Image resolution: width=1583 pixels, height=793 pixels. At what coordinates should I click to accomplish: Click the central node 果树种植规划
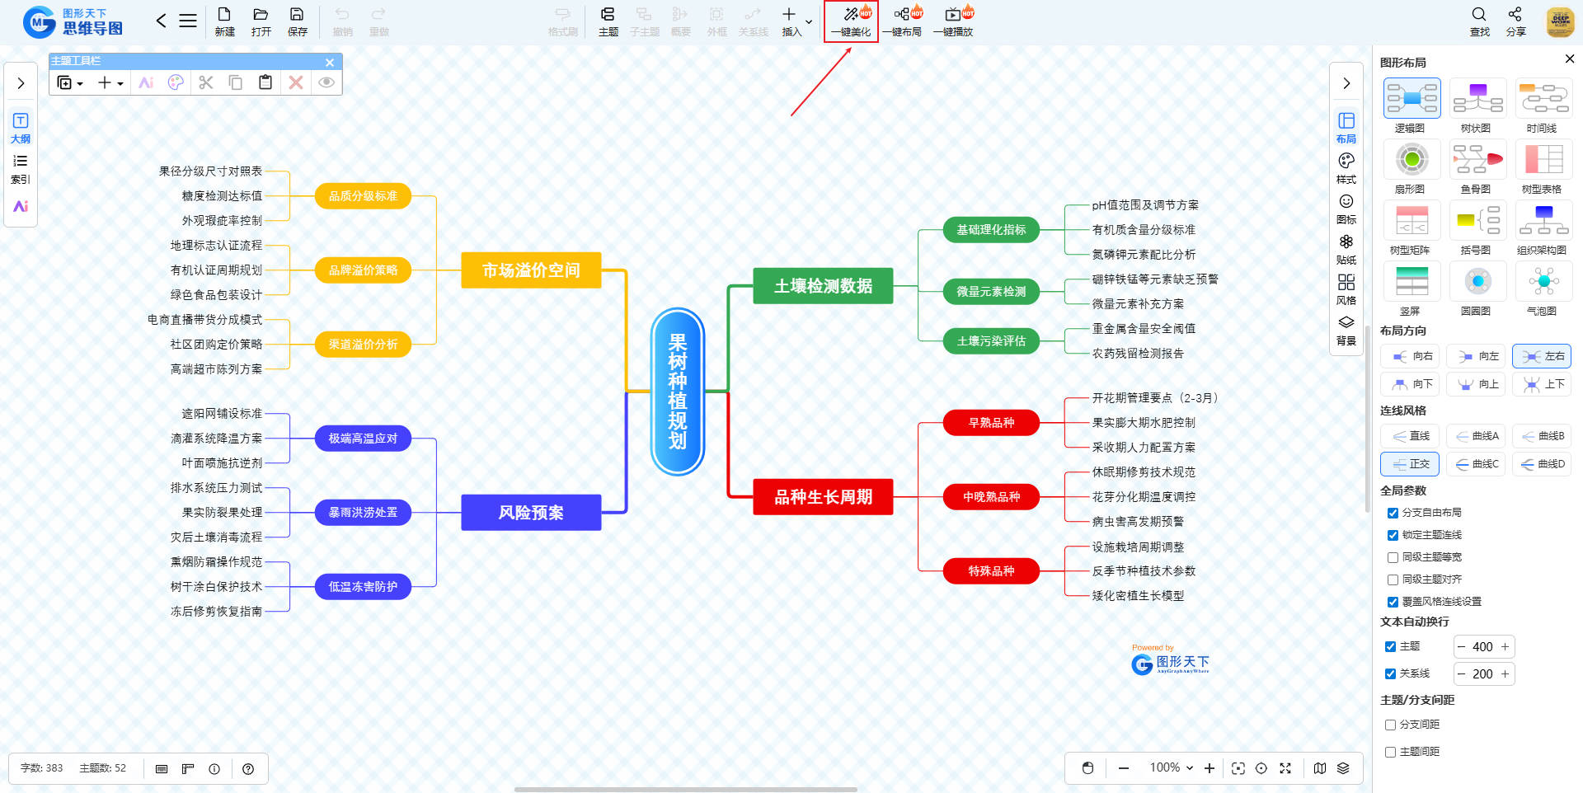tap(677, 392)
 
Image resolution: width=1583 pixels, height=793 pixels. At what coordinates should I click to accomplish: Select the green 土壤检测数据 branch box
tap(822, 286)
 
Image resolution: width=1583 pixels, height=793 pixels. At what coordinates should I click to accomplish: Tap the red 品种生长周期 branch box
tap(822, 497)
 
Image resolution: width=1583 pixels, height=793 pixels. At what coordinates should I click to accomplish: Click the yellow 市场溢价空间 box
tap(530, 270)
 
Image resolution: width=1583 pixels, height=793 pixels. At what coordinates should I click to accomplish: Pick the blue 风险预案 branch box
tap(530, 513)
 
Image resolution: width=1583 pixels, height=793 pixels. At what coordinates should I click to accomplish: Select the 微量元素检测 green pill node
tap(990, 292)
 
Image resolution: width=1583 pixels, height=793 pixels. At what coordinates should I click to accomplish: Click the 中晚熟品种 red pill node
tap(990, 497)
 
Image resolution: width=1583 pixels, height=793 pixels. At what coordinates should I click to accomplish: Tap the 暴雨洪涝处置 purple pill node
tap(363, 513)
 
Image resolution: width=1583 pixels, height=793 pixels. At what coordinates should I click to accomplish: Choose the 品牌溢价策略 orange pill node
tap(363, 270)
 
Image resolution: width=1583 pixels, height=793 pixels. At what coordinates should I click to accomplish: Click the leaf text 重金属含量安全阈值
tap(1143, 329)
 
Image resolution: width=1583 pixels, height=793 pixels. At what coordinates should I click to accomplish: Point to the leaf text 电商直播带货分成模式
tap(204, 320)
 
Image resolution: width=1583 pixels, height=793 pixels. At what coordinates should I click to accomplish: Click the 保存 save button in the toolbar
tap(297, 21)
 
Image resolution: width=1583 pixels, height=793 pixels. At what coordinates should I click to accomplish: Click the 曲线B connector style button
tap(1543, 436)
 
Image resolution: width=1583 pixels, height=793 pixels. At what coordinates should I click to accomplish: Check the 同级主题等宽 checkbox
tap(1393, 557)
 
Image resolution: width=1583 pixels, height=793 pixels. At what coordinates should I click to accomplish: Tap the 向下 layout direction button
tap(1411, 384)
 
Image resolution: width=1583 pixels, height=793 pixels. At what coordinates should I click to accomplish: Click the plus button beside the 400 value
tap(1505, 647)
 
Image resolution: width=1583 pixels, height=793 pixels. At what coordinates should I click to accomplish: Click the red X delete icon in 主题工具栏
tap(296, 82)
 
